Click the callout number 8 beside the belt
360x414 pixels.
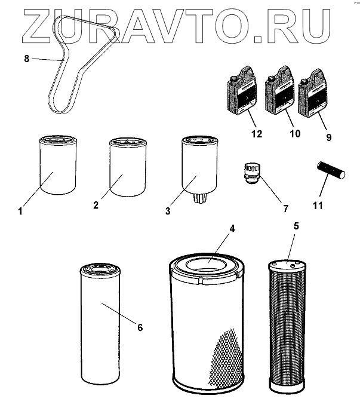26,59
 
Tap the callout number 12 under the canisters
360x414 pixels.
257,134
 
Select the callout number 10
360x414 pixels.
295,134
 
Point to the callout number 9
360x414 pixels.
328,137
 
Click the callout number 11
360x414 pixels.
318,205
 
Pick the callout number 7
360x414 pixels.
286,208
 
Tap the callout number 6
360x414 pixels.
140,327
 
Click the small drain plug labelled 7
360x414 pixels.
252,173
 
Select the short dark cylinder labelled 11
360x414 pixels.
331,171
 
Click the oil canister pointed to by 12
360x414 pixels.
242,91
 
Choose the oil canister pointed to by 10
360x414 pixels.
279,90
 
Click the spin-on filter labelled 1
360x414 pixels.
58,165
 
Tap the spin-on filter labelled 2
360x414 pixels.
128,167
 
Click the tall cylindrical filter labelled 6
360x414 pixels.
100,324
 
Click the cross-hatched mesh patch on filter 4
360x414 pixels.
226,357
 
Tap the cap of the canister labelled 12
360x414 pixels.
233,79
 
